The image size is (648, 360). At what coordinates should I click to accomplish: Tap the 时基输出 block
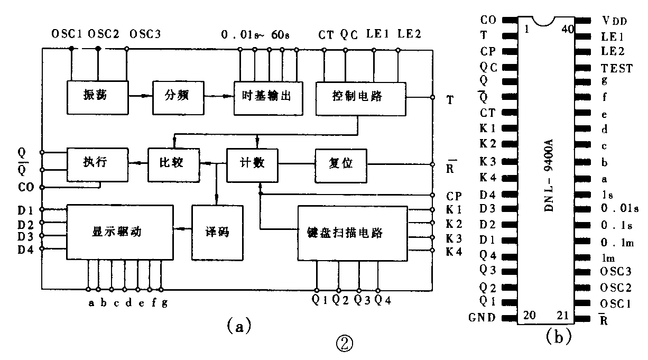click(x=267, y=98)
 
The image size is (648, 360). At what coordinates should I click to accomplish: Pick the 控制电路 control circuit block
click(x=360, y=98)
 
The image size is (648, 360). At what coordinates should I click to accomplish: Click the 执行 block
click(x=98, y=163)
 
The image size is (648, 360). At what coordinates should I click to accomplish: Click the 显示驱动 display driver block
click(x=119, y=232)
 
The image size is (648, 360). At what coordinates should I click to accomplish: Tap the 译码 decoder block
click(x=217, y=232)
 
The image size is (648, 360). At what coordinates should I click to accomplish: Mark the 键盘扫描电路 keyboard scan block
click(x=345, y=233)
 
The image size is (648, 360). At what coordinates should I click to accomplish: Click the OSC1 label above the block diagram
click(x=67, y=34)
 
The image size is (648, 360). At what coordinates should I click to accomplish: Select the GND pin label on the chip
click(x=482, y=318)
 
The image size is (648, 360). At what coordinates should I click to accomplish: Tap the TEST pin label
click(x=616, y=68)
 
